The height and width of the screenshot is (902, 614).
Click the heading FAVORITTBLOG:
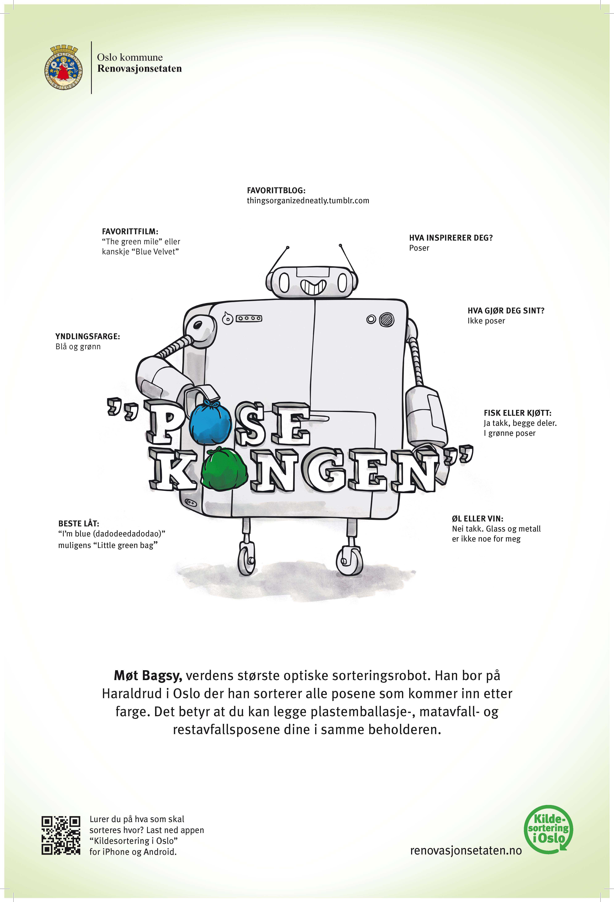[276, 191]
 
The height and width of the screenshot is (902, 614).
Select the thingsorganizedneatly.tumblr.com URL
[308, 201]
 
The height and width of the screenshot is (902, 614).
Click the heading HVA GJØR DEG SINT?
[506, 310]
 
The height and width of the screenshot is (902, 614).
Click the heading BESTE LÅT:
[79, 523]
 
